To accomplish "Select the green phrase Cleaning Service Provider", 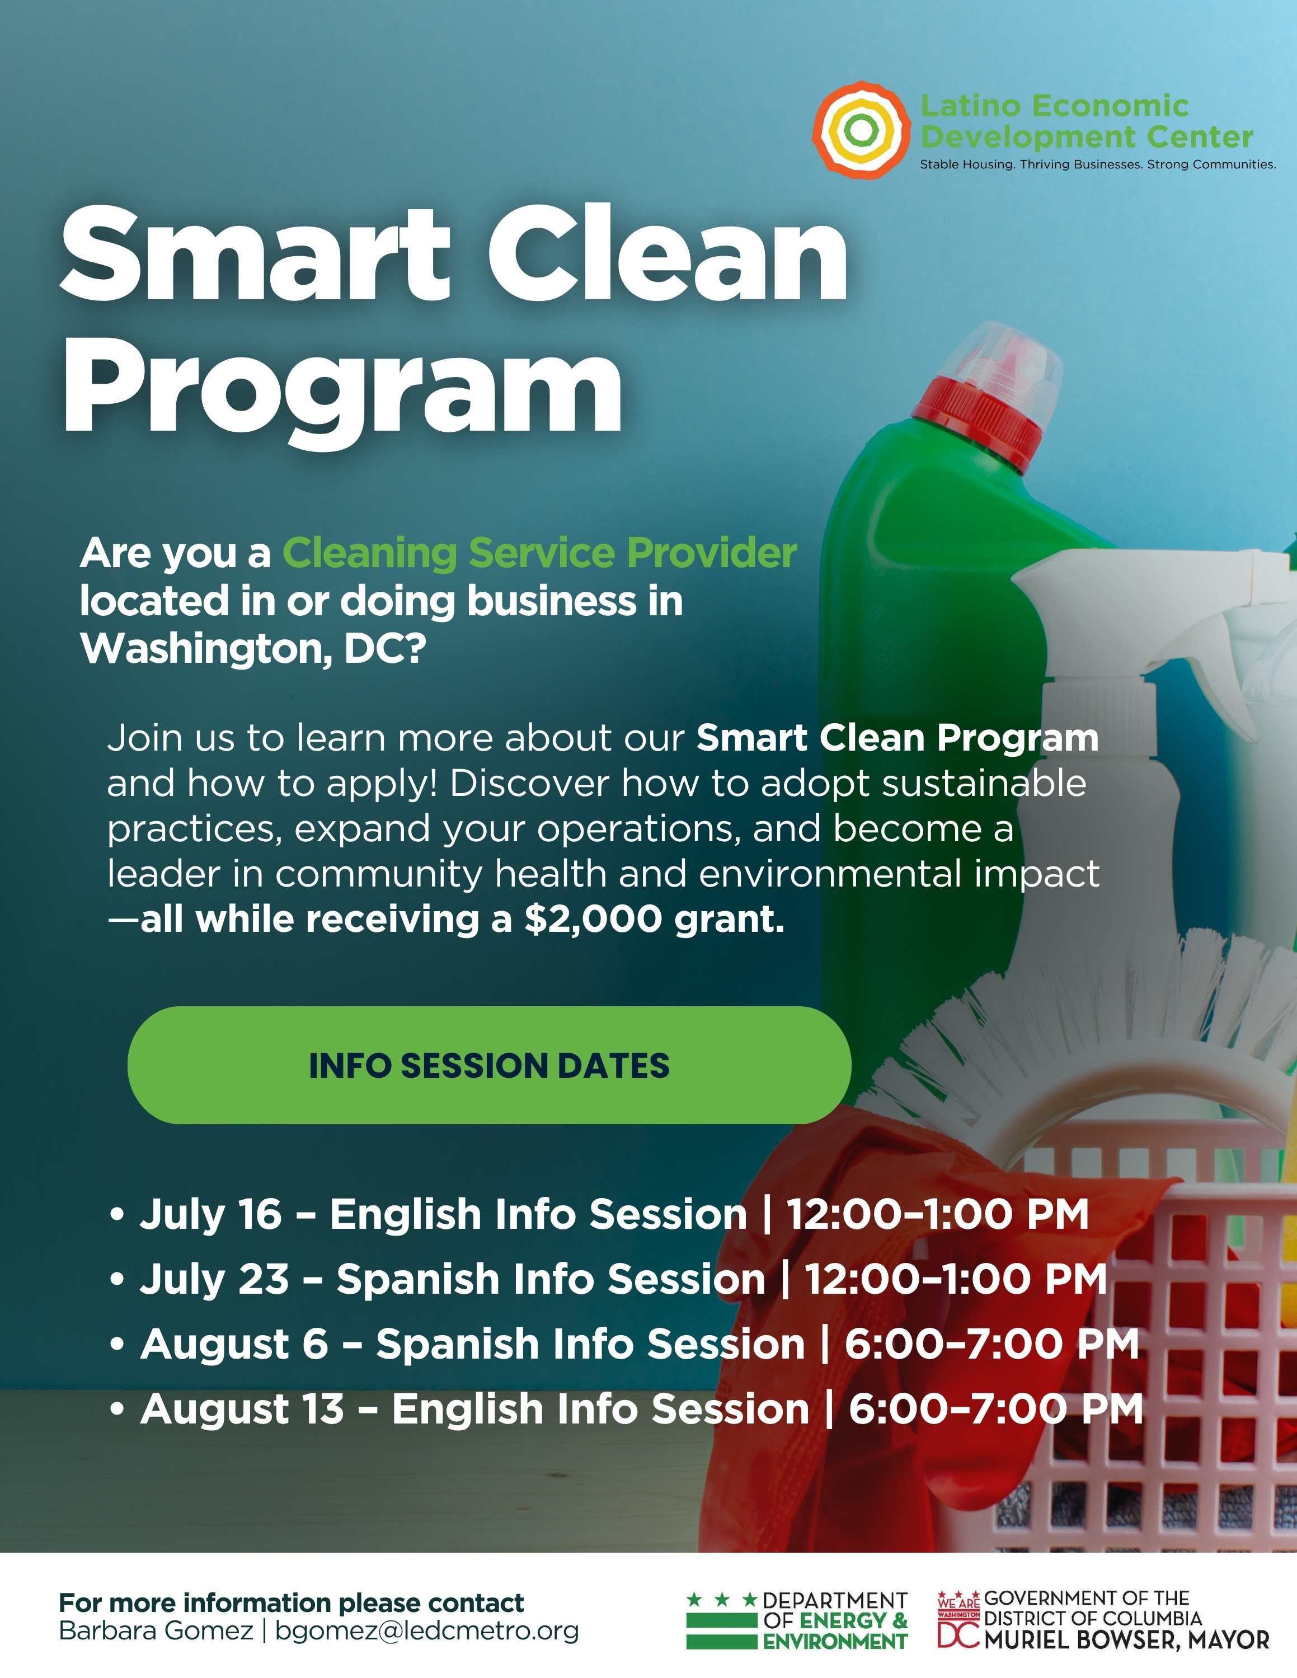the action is click(539, 553).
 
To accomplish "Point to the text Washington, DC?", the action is click(253, 649).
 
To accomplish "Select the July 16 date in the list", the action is click(210, 1215).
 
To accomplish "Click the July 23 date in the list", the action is click(214, 1279).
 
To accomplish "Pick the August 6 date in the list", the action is click(234, 1345).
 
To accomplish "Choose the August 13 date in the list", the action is click(242, 1409).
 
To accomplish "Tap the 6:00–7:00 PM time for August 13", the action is click(997, 1409).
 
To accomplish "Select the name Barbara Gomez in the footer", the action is click(156, 1630).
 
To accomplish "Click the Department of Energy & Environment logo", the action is click(797, 1620).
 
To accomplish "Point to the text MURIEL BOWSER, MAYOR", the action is click(1126, 1641).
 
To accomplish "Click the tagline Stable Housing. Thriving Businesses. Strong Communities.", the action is click(1098, 164).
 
